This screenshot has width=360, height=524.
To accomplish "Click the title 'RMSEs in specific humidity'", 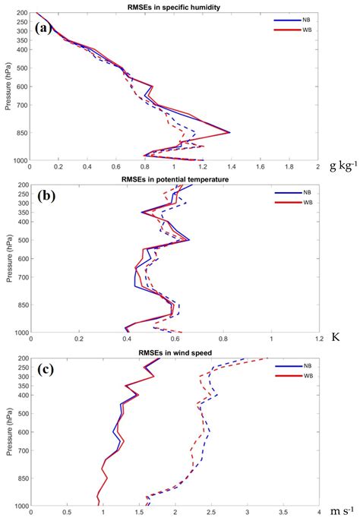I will click(x=175, y=7).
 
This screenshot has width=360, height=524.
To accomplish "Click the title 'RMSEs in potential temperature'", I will click(x=175, y=178).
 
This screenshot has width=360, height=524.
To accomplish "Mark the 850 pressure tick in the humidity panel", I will click(x=22, y=133).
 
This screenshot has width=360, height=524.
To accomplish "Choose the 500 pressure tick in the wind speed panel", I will click(x=22, y=414).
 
